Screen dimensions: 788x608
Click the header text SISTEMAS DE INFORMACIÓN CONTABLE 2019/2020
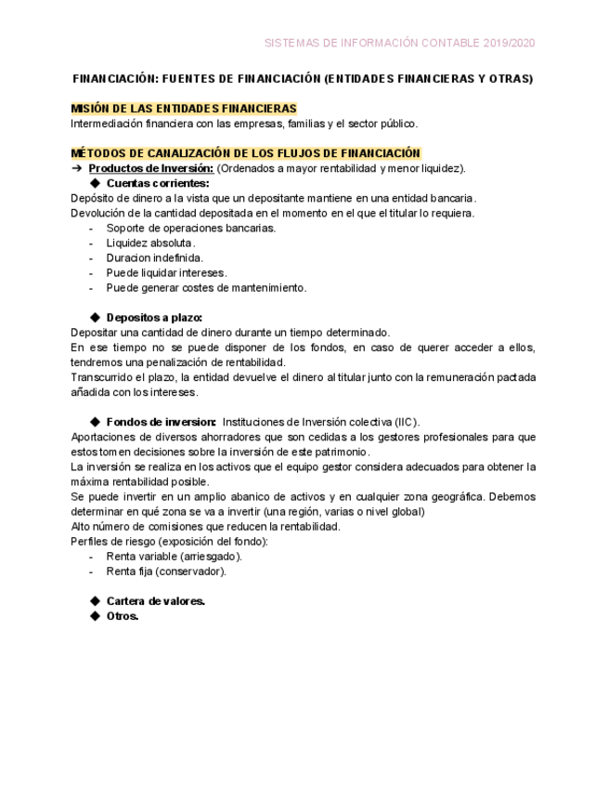point(399,43)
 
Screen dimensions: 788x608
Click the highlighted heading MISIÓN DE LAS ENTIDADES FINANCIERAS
point(184,109)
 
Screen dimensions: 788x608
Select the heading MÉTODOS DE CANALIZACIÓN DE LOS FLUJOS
point(246,153)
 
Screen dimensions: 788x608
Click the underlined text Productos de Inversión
point(151,168)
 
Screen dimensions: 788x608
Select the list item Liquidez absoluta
point(150,243)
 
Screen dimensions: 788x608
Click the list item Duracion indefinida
point(155,257)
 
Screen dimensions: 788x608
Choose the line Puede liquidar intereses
point(166,272)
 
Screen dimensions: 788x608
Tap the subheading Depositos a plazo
point(154,318)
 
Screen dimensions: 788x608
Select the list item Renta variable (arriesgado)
point(174,556)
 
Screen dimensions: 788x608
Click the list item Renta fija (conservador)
point(166,571)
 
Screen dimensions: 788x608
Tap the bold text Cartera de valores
point(155,601)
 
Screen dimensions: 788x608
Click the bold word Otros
point(122,616)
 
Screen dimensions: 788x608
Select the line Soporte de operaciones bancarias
point(190,228)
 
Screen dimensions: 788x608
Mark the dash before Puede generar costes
point(91,288)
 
